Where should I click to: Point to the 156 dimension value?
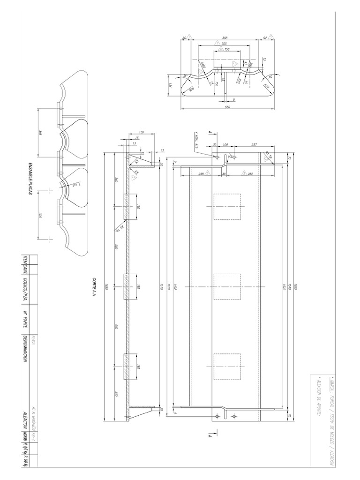[227, 49]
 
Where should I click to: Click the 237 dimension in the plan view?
[254, 143]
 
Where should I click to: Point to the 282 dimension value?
[250, 173]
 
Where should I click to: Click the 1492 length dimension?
[174, 286]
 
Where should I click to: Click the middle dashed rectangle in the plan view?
[227, 286]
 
